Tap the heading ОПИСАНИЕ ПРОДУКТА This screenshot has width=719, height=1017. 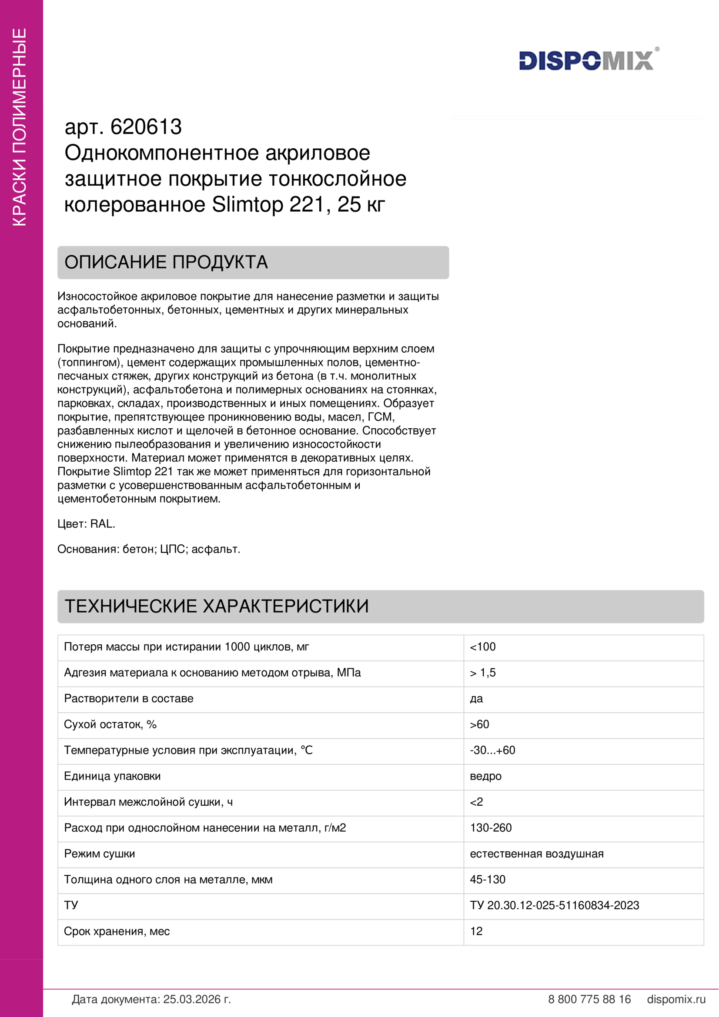pyautogui.click(x=166, y=262)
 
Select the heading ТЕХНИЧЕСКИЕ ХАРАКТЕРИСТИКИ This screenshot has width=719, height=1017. pyautogui.click(x=217, y=606)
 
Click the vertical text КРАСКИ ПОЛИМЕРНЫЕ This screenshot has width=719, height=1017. pyautogui.click(x=20, y=127)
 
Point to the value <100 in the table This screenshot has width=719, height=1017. pyautogui.click(x=482, y=647)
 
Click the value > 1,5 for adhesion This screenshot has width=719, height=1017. pyautogui.click(x=482, y=672)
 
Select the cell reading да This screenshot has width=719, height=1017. pyautogui.click(x=476, y=699)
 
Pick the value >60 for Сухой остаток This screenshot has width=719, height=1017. pyautogui.click(x=479, y=724)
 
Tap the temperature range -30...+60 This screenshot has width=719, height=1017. pyautogui.click(x=492, y=750)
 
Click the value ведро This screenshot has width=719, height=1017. pyautogui.click(x=485, y=776)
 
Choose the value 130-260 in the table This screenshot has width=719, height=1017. pyautogui.click(x=490, y=827)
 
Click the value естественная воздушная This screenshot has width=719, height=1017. pyautogui.click(x=536, y=854)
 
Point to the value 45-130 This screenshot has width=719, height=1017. pyautogui.click(x=487, y=879)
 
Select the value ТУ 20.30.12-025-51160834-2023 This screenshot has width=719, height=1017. pyautogui.click(x=554, y=905)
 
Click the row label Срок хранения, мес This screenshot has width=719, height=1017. pyautogui.click(x=117, y=931)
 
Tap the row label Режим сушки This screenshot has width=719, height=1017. pyautogui.click(x=100, y=854)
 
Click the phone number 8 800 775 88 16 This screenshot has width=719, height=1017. pyautogui.click(x=589, y=999)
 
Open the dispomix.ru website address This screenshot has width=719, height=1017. pyautogui.click(x=676, y=999)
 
